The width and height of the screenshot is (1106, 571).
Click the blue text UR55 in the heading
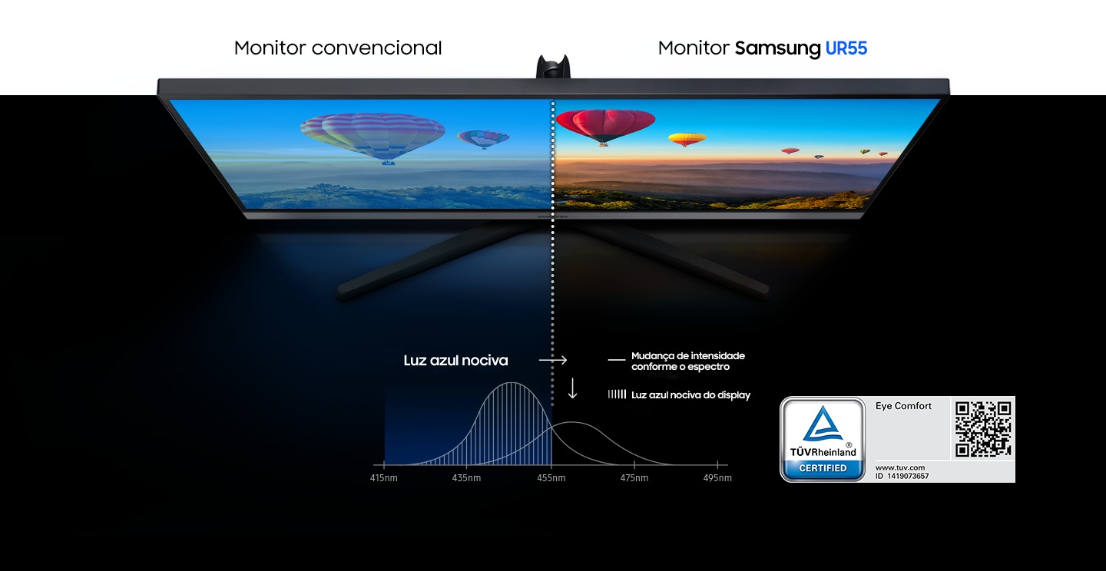[x=846, y=48]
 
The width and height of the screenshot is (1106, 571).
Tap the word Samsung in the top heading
[x=777, y=48]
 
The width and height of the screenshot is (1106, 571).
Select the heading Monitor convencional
[x=338, y=48]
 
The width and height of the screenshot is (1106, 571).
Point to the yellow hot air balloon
[x=687, y=139]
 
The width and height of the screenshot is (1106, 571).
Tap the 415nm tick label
[x=384, y=477]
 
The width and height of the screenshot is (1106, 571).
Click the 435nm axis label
[x=466, y=477]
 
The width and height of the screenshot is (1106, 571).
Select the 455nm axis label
[x=551, y=477]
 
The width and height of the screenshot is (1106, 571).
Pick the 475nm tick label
[x=634, y=477]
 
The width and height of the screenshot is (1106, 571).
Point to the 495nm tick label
[x=717, y=477]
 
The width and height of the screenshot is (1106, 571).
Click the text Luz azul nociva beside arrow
[x=455, y=360]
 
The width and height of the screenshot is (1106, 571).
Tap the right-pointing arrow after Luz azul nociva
[x=553, y=360]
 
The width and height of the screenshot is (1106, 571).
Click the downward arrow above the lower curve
[x=572, y=388]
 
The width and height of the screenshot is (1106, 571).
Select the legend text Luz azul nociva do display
[x=690, y=394]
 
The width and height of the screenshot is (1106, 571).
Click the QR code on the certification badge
[x=982, y=429]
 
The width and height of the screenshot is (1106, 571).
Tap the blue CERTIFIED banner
[x=823, y=468]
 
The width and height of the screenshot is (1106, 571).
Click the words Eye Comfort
[x=903, y=406]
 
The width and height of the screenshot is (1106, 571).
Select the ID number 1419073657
[x=908, y=477]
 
